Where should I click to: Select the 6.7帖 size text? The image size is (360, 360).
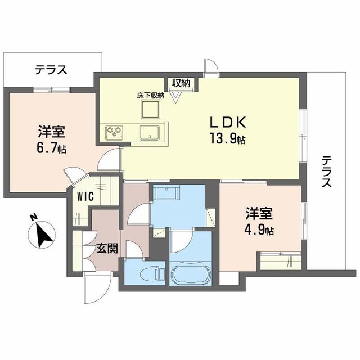(x=52, y=148)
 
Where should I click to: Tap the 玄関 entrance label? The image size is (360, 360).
(x=106, y=248)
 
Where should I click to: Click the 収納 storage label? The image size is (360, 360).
(x=181, y=83)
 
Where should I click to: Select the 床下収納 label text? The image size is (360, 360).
(x=150, y=95)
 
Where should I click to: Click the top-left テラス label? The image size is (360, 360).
(x=51, y=70)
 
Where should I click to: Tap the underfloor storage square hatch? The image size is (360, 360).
(x=151, y=110)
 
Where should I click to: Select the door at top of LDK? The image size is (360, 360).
(x=210, y=67)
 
